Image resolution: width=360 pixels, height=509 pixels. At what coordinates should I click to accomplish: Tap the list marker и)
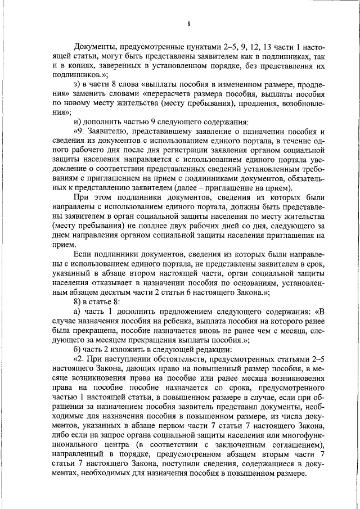pos(78,121)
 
